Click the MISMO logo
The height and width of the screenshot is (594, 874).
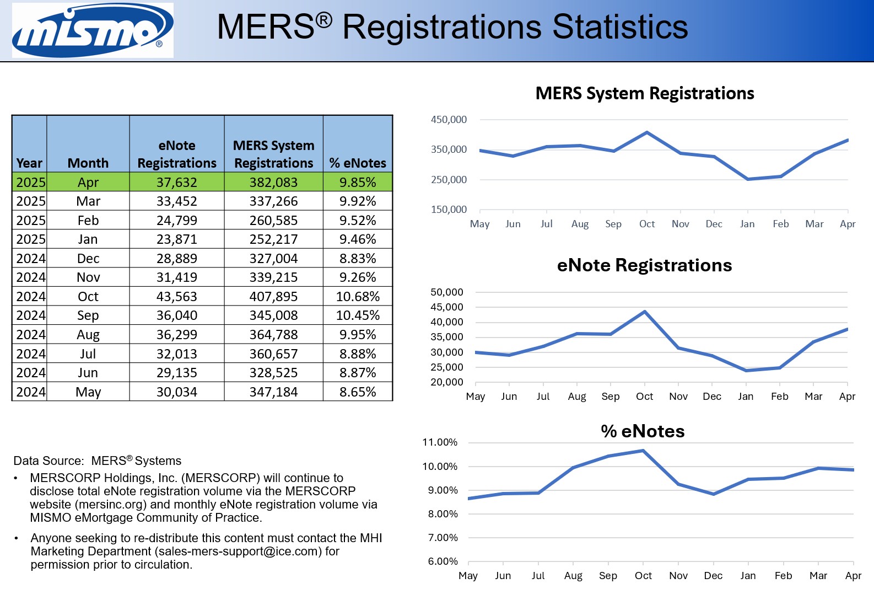point(93,30)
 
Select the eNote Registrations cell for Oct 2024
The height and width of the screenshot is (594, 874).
point(176,297)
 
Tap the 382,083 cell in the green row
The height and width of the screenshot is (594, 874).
point(273,183)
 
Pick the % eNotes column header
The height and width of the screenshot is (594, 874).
point(358,163)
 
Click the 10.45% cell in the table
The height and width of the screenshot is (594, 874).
point(358,315)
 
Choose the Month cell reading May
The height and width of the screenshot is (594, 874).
point(88,392)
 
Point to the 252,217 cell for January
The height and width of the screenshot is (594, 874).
point(273,239)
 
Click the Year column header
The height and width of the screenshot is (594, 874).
point(29,163)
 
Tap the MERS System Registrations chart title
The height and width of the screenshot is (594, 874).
point(645,93)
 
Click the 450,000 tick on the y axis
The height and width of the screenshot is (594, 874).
point(449,120)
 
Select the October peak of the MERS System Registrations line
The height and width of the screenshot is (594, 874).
point(646,132)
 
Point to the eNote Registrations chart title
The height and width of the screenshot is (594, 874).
point(644,265)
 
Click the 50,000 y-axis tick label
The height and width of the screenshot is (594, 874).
point(447,292)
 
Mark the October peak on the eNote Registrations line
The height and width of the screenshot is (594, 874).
point(645,312)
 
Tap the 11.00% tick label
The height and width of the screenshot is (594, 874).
point(440,442)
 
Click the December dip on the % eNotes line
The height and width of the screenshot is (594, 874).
point(714,494)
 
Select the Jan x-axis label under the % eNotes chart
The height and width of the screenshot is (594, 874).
point(748,576)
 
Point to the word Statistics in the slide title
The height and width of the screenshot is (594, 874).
point(620,26)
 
